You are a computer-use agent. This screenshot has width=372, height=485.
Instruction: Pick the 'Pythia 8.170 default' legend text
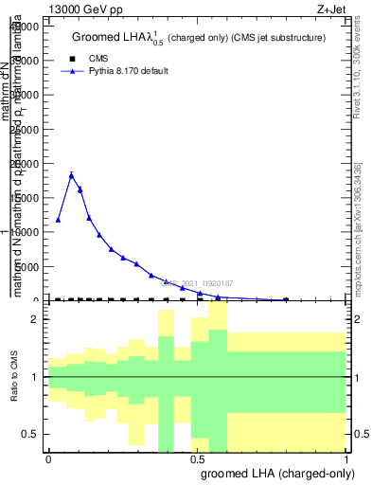coord(129,71)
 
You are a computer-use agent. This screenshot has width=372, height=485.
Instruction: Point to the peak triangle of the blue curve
coord(71,174)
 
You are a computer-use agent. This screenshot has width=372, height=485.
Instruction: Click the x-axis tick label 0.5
coord(197,458)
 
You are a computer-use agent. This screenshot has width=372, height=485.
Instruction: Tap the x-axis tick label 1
coord(346,458)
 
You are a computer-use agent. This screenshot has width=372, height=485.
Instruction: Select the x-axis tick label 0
coord(48,458)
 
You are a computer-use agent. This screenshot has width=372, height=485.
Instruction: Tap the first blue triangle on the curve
coord(59,220)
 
